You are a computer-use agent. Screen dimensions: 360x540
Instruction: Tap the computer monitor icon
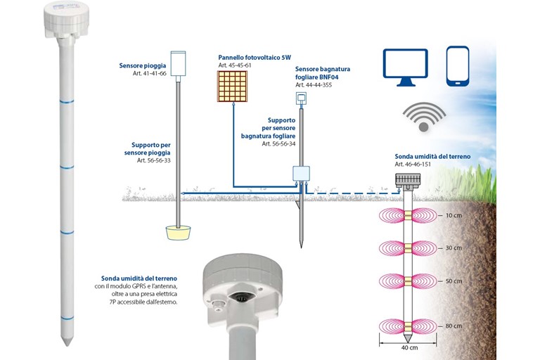pos(405,67)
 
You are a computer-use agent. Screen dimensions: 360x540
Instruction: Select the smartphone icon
pos(457,66)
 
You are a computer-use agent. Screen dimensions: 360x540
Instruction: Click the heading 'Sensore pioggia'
pos(143,66)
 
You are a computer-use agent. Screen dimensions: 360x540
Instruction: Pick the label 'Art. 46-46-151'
pos(415,164)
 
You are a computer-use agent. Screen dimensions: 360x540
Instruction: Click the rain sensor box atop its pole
pos(178,61)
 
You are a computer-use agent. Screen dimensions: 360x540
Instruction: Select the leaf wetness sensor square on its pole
pos(302,98)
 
